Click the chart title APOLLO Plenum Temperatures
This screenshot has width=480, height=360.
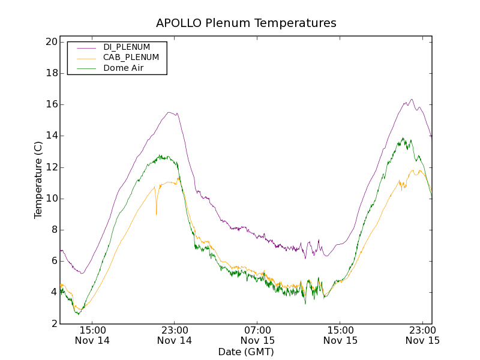(246, 23)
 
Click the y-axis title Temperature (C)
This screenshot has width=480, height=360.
(38, 180)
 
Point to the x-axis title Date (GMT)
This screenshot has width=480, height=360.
(246, 352)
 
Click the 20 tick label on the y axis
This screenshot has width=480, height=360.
(50, 42)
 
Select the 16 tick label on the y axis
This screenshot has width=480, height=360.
(50, 104)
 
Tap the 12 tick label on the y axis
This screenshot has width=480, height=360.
(50, 167)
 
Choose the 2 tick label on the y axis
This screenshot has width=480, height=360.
(53, 323)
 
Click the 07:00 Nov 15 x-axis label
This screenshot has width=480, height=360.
(257, 335)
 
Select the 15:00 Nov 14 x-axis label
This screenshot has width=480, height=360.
(93, 335)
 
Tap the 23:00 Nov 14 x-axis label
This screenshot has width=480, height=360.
(175, 335)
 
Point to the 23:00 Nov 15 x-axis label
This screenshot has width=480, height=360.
(422, 335)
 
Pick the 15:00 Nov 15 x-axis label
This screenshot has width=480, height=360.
(340, 335)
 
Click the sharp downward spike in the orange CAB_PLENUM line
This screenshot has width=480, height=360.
(157, 214)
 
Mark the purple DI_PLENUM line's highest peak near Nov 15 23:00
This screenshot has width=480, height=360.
(412, 100)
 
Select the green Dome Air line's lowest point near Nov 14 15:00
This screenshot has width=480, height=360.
(77, 314)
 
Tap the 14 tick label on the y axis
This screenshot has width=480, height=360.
(50, 136)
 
